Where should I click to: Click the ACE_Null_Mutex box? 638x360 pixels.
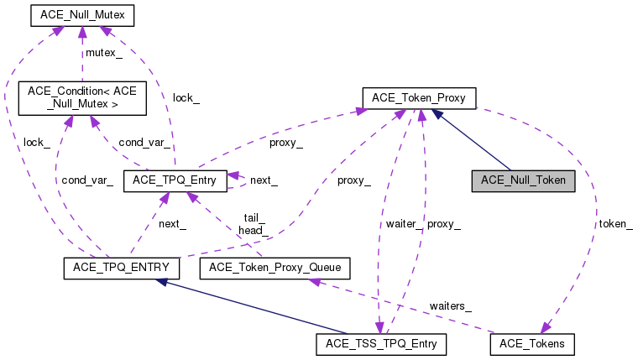81,16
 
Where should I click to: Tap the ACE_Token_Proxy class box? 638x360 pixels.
419,98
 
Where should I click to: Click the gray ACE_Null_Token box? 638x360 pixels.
523,180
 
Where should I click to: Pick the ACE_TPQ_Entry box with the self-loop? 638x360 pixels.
175,180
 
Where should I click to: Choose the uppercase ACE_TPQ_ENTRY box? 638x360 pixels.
117,268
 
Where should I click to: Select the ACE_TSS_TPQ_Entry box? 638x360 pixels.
381,343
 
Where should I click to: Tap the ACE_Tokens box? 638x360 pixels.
531,343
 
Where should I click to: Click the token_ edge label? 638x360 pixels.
614,224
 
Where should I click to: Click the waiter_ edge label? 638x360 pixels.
404,223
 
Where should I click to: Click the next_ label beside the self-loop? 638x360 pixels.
264,180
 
